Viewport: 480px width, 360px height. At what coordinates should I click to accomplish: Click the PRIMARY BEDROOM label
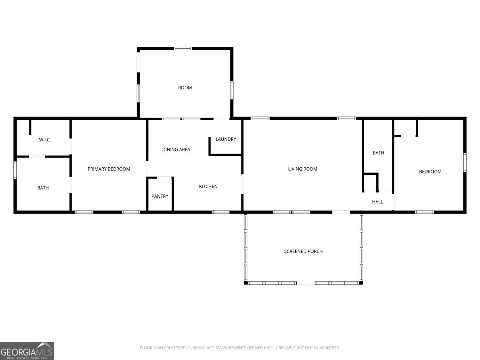(x=109, y=169)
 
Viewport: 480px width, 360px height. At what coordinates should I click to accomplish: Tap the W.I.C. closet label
(x=45, y=140)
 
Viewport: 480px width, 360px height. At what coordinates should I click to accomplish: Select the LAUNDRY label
(x=226, y=139)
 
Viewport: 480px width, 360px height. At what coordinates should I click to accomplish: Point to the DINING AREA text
(x=176, y=149)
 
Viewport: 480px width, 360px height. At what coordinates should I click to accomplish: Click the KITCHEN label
(x=208, y=187)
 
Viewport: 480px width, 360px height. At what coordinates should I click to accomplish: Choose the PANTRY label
(x=160, y=196)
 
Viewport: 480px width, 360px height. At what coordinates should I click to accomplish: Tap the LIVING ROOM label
(x=302, y=169)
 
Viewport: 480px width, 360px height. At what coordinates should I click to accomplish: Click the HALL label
(x=377, y=202)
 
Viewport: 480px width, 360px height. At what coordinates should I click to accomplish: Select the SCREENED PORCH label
(x=303, y=252)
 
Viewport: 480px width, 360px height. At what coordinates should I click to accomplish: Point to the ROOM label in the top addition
(x=185, y=88)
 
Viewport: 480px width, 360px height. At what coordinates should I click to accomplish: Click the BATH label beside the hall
(x=378, y=153)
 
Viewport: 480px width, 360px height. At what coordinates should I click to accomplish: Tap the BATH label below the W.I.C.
(x=43, y=188)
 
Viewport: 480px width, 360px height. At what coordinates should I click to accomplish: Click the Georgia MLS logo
(x=27, y=351)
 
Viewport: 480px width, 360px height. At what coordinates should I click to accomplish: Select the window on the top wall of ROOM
(x=183, y=49)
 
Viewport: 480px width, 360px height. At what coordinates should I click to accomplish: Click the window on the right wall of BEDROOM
(x=465, y=163)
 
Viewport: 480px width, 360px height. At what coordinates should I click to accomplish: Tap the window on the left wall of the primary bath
(x=15, y=170)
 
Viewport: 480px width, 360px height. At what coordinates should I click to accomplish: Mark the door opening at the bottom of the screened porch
(x=306, y=283)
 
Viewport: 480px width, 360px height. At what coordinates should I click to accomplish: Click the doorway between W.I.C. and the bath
(x=37, y=156)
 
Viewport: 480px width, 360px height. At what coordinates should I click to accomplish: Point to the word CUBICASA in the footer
(x=196, y=348)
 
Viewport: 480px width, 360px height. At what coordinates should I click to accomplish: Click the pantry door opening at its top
(x=164, y=178)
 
